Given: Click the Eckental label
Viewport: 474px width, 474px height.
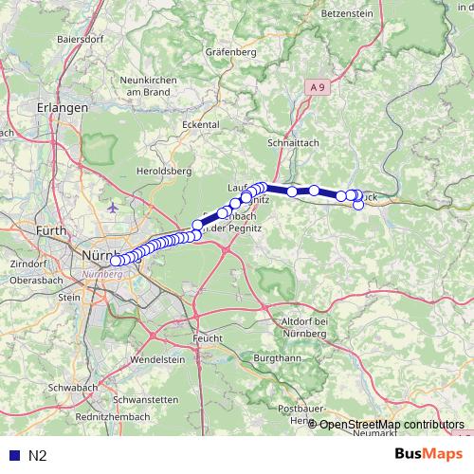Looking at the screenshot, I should click(201, 124).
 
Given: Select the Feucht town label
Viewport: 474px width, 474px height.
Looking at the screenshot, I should click(207, 337).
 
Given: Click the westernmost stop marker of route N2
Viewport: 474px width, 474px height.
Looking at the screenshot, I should click(116, 261).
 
